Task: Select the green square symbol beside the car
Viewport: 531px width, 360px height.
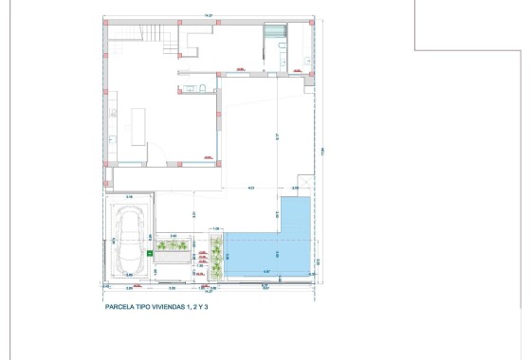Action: [x=150, y=255]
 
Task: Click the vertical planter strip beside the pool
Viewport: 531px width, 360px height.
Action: [x=217, y=257]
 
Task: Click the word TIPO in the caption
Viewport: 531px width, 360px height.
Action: [x=150, y=307]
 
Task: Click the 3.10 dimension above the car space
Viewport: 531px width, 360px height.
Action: [x=129, y=196]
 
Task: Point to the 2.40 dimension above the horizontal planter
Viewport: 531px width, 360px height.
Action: [x=173, y=235]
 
